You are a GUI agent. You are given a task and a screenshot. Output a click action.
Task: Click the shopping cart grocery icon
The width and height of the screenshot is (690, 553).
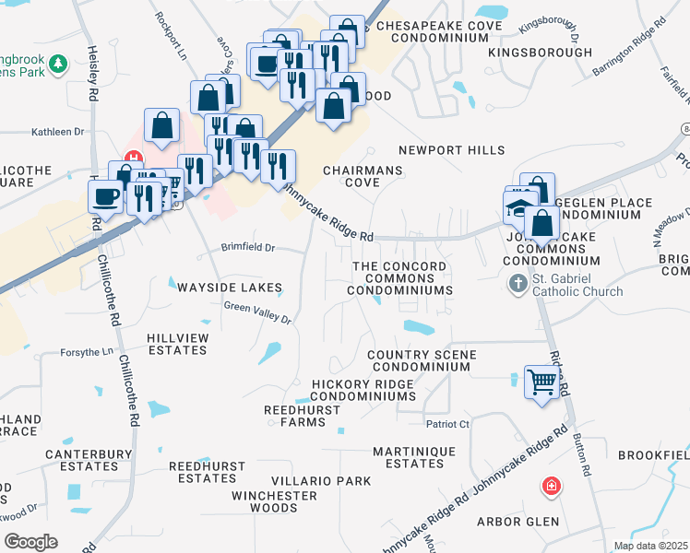tap(541, 381)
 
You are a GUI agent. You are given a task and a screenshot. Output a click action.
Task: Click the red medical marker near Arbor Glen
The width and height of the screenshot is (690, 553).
tap(552, 485)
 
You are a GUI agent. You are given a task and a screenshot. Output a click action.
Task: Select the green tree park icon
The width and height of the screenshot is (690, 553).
tap(59, 64)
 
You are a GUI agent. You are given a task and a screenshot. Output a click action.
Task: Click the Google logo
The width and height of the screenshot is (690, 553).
tap(30, 542)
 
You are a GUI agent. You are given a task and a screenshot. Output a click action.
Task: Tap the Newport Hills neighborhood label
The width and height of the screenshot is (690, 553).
tap(452, 150)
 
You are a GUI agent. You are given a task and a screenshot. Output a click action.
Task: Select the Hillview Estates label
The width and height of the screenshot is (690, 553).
tap(177, 344)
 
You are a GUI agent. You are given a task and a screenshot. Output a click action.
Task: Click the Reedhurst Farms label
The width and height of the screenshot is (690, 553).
tap(295, 415)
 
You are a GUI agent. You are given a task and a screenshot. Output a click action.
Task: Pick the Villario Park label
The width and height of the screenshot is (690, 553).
tap(321, 481)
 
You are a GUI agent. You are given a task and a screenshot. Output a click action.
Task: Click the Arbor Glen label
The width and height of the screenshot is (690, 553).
tap(517, 522)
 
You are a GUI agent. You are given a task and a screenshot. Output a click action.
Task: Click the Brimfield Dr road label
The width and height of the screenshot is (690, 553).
tap(248, 248)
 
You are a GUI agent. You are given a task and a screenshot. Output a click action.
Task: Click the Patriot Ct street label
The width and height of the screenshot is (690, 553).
tap(447, 424)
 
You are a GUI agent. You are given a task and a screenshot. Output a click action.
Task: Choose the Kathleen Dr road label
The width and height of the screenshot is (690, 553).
tap(57, 132)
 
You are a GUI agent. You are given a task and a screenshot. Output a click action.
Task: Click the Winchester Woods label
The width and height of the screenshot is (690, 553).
tap(275, 501)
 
